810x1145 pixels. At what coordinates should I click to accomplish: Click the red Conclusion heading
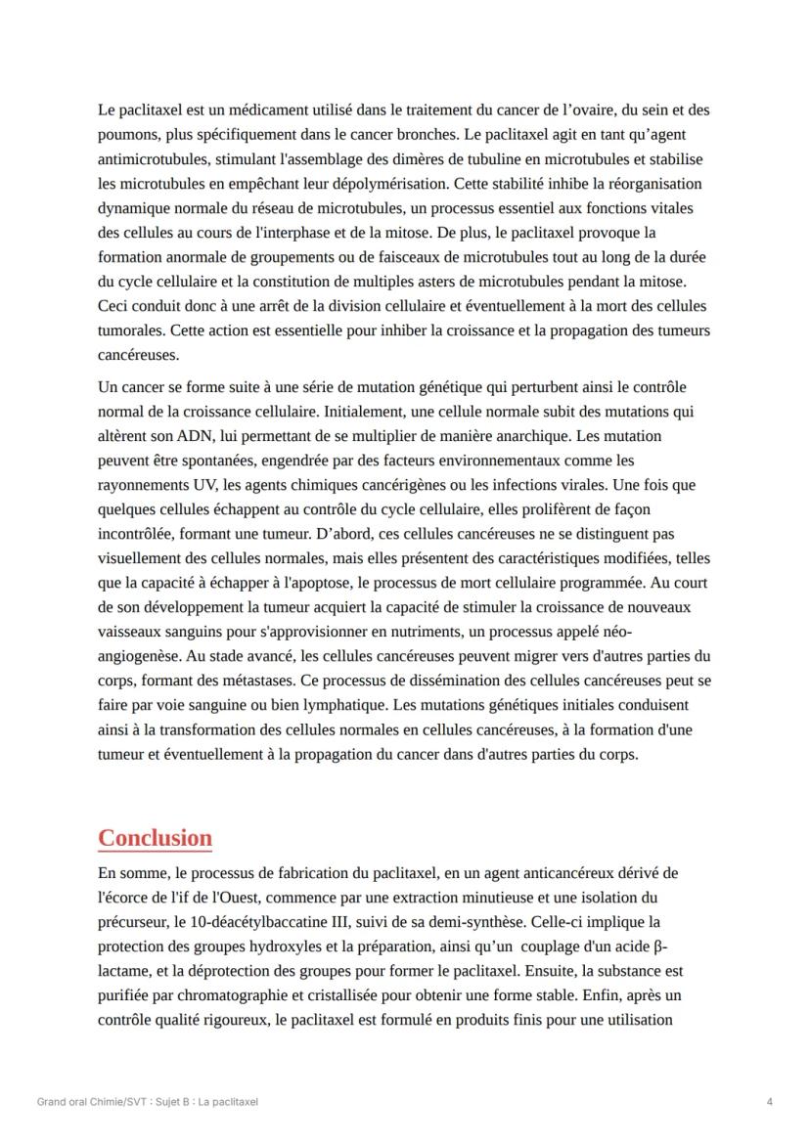coord(155,838)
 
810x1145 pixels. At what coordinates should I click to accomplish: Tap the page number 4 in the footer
coord(770,1102)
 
